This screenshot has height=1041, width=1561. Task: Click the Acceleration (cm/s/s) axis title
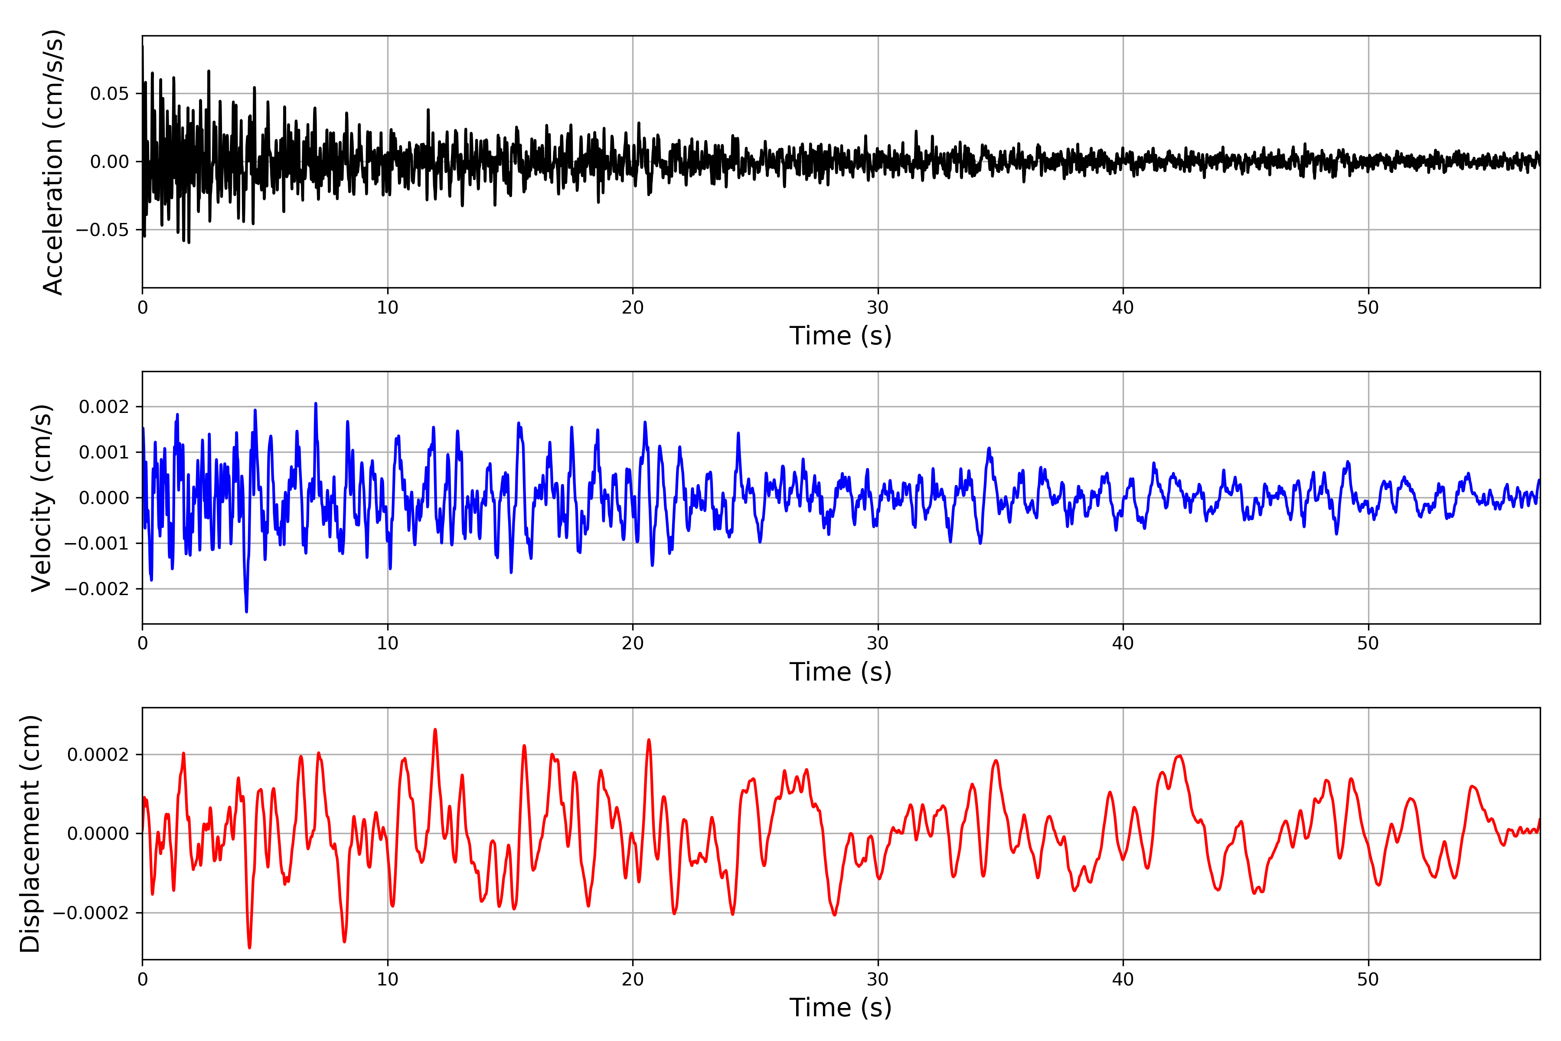pyautogui.click(x=53, y=162)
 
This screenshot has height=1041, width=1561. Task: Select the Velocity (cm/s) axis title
pyautogui.click(x=42, y=498)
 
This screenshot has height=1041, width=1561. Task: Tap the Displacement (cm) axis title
pyautogui.click(x=30, y=834)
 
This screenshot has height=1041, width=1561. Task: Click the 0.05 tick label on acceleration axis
pyautogui.click(x=110, y=94)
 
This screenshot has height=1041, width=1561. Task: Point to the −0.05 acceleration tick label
pyautogui.click(x=102, y=230)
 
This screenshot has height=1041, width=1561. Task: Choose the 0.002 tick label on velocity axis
pyautogui.click(x=104, y=407)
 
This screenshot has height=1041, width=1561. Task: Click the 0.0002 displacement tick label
pyautogui.click(x=98, y=755)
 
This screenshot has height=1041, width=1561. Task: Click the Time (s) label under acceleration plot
pyautogui.click(x=840, y=336)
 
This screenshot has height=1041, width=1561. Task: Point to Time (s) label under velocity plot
pyautogui.click(x=840, y=672)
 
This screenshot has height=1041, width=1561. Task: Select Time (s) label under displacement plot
pyautogui.click(x=840, y=1008)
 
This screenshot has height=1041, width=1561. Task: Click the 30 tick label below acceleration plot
pyautogui.click(x=877, y=308)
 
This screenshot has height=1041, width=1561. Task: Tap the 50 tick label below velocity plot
pyautogui.click(x=1368, y=643)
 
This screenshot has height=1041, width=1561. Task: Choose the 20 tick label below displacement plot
pyautogui.click(x=633, y=979)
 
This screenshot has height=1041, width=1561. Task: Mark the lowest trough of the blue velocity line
pyautogui.click(x=246, y=612)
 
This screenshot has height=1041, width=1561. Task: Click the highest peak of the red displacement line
pyautogui.click(x=435, y=730)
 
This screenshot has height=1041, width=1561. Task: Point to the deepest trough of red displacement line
pyautogui.click(x=250, y=947)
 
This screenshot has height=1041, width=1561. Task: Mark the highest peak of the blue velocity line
pyautogui.click(x=316, y=404)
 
